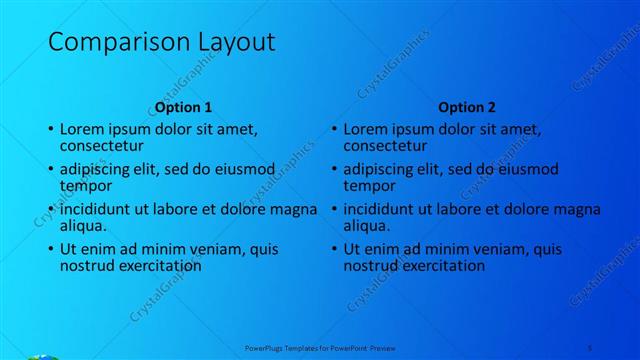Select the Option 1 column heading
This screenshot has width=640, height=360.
point(184,107)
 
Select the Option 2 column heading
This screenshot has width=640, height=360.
point(467,107)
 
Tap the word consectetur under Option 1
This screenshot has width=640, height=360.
point(103,147)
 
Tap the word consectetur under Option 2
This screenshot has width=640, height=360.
point(386,147)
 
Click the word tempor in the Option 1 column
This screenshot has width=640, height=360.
point(86,186)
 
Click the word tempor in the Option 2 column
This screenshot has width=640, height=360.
point(369,186)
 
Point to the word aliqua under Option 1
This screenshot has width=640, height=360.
point(84,227)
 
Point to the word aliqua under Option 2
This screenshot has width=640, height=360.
point(367,227)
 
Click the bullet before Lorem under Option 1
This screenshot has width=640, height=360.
point(51,130)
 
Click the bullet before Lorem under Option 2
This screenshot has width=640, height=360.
point(334,130)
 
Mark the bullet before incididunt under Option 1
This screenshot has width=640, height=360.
point(51,210)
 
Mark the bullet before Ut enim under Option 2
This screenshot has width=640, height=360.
point(334,250)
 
